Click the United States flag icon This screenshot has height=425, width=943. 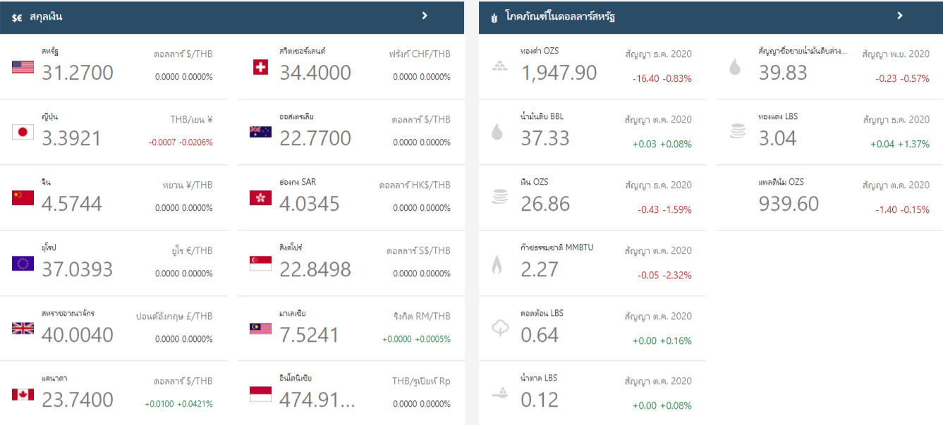23,67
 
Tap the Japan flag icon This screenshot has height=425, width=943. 23,132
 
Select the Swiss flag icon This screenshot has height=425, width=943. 260,67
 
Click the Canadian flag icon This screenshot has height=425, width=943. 23,394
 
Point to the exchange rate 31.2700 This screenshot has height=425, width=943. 78,73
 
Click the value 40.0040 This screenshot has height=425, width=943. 78,335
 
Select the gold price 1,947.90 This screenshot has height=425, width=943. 559,73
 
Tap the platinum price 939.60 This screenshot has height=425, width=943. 789,204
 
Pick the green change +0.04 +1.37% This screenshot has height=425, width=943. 900,144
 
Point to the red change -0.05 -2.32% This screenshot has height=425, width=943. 664,275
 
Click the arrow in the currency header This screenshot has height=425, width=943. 425,16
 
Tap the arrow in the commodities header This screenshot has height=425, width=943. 900,16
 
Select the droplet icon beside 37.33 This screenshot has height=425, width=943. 497,132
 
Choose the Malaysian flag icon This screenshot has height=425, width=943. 260,328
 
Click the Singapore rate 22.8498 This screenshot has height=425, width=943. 315,269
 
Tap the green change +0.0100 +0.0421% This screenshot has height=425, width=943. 178,404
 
